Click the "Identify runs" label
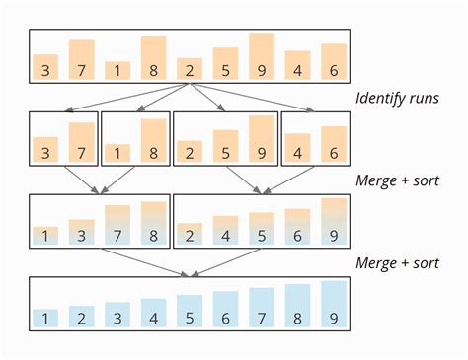[396, 99]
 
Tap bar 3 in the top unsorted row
[44, 66]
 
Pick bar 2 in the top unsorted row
[190, 68]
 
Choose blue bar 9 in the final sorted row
[334, 305]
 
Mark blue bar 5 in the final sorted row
[190, 311]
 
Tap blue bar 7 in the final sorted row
[262, 308]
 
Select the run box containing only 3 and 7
[63, 137]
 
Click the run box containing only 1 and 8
[135, 137]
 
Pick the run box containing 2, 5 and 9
[226, 137]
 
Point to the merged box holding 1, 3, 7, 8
[99, 219]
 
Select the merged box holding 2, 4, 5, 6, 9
[262, 219]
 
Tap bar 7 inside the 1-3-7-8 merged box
[117, 224]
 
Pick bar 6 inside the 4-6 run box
[334, 143]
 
